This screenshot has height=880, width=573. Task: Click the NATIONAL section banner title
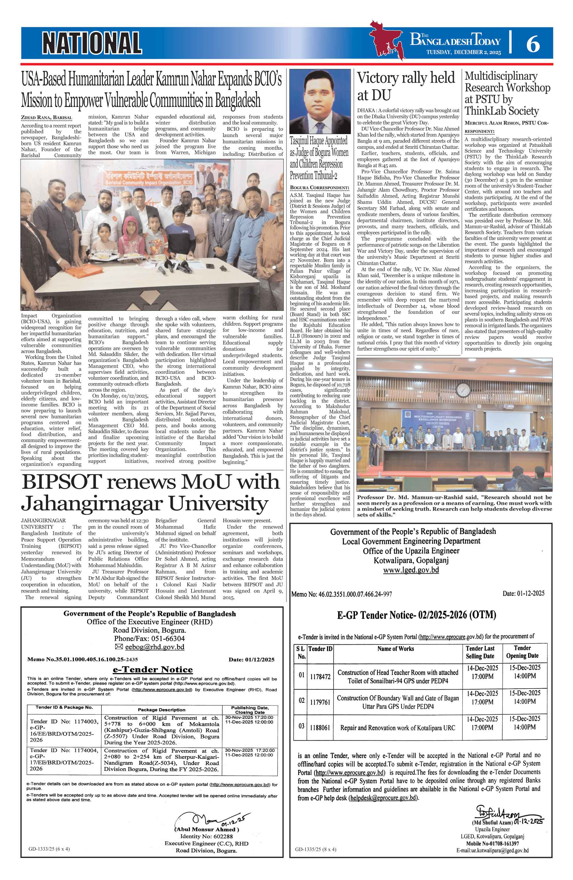[x=92, y=43]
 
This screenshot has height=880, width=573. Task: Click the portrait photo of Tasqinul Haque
[x=320, y=102]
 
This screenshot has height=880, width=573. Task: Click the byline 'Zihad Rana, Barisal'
[x=46, y=118]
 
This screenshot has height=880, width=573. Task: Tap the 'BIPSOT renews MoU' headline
[x=150, y=492]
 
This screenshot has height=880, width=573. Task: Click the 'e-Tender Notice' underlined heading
[x=153, y=670]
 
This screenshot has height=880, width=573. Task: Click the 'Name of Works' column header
[x=396, y=649]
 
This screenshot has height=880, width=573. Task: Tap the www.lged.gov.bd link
[x=411, y=570]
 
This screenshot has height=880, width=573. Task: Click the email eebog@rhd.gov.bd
[x=154, y=647]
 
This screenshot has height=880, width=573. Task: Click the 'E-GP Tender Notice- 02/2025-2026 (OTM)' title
[x=416, y=615]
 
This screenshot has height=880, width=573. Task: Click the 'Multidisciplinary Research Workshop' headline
[x=507, y=93]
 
